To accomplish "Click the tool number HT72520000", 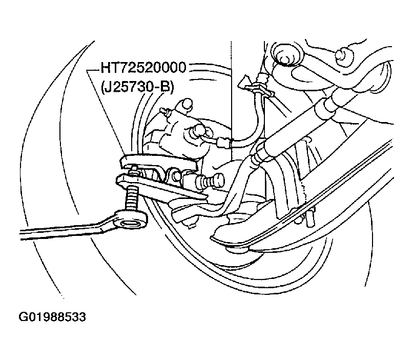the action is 143,68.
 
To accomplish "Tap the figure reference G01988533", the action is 52,317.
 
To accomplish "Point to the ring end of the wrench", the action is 130,218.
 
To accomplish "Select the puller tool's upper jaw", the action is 158,164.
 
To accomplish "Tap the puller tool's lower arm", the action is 161,188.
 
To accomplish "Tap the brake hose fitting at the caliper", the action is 223,143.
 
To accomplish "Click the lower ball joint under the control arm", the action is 238,249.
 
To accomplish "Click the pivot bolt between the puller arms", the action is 175,174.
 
